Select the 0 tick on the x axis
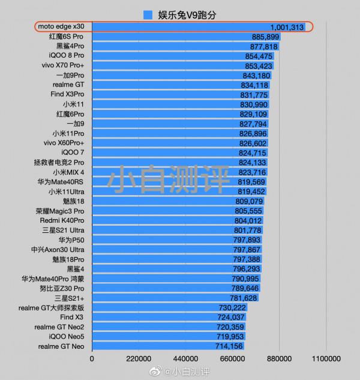pyautogui.click(x=92, y=358)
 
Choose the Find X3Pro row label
pyautogui.click(x=68, y=95)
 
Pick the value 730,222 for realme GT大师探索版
pyautogui.click(x=233, y=308)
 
